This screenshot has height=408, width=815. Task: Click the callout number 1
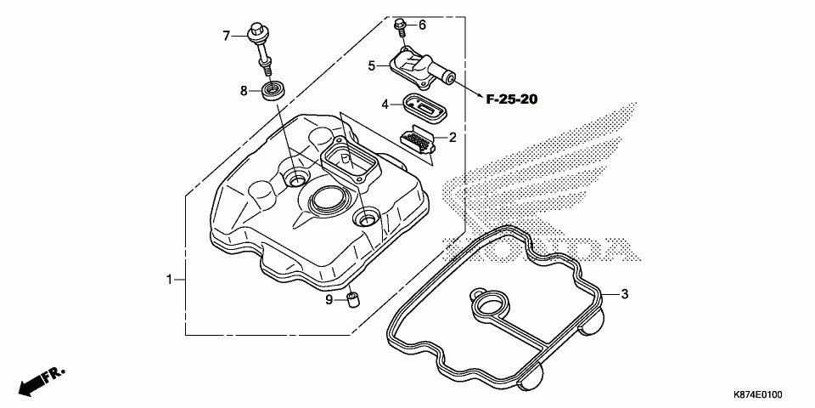[170, 279]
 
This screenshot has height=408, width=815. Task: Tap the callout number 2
[452, 137]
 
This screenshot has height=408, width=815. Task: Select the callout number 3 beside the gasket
[624, 295]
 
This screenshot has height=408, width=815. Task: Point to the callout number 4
[385, 104]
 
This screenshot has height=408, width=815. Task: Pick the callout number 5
[372, 65]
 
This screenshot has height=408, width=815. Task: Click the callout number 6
[422, 24]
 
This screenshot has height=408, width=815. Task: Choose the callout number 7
[227, 36]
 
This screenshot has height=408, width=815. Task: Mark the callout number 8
[243, 91]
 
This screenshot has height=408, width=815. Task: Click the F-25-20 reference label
[512, 99]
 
